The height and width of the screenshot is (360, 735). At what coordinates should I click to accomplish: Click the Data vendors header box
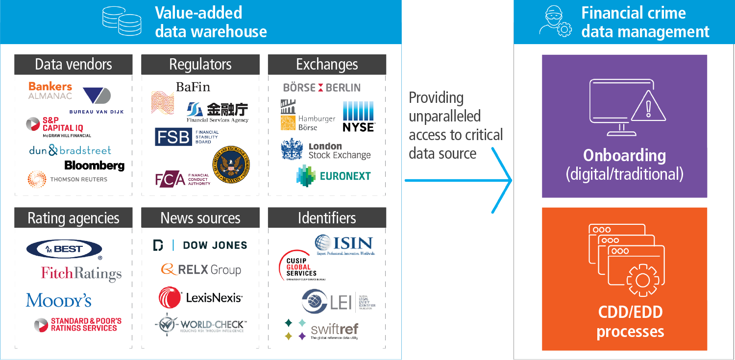73,65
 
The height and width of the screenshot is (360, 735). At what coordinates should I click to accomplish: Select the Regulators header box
200,65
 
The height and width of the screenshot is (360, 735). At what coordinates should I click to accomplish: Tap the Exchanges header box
327,65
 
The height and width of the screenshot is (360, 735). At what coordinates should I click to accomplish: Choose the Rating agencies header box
73,218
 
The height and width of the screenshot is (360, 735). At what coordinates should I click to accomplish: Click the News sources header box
200,218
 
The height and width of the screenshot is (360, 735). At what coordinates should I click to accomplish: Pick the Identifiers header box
327,218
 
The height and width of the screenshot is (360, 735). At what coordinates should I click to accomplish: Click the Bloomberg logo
94,166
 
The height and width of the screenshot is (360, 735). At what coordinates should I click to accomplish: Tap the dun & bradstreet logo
70,150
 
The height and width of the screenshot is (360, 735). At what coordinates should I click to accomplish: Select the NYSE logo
358,117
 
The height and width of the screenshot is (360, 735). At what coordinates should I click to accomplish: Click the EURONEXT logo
334,176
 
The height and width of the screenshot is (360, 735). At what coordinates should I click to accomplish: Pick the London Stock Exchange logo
326,151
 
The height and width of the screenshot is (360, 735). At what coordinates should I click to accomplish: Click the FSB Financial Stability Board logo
187,137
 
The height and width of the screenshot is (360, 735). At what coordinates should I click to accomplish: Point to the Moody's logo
59,300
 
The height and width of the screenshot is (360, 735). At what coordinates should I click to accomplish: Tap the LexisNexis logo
200,297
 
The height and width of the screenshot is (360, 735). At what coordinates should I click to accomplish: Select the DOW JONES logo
200,245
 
